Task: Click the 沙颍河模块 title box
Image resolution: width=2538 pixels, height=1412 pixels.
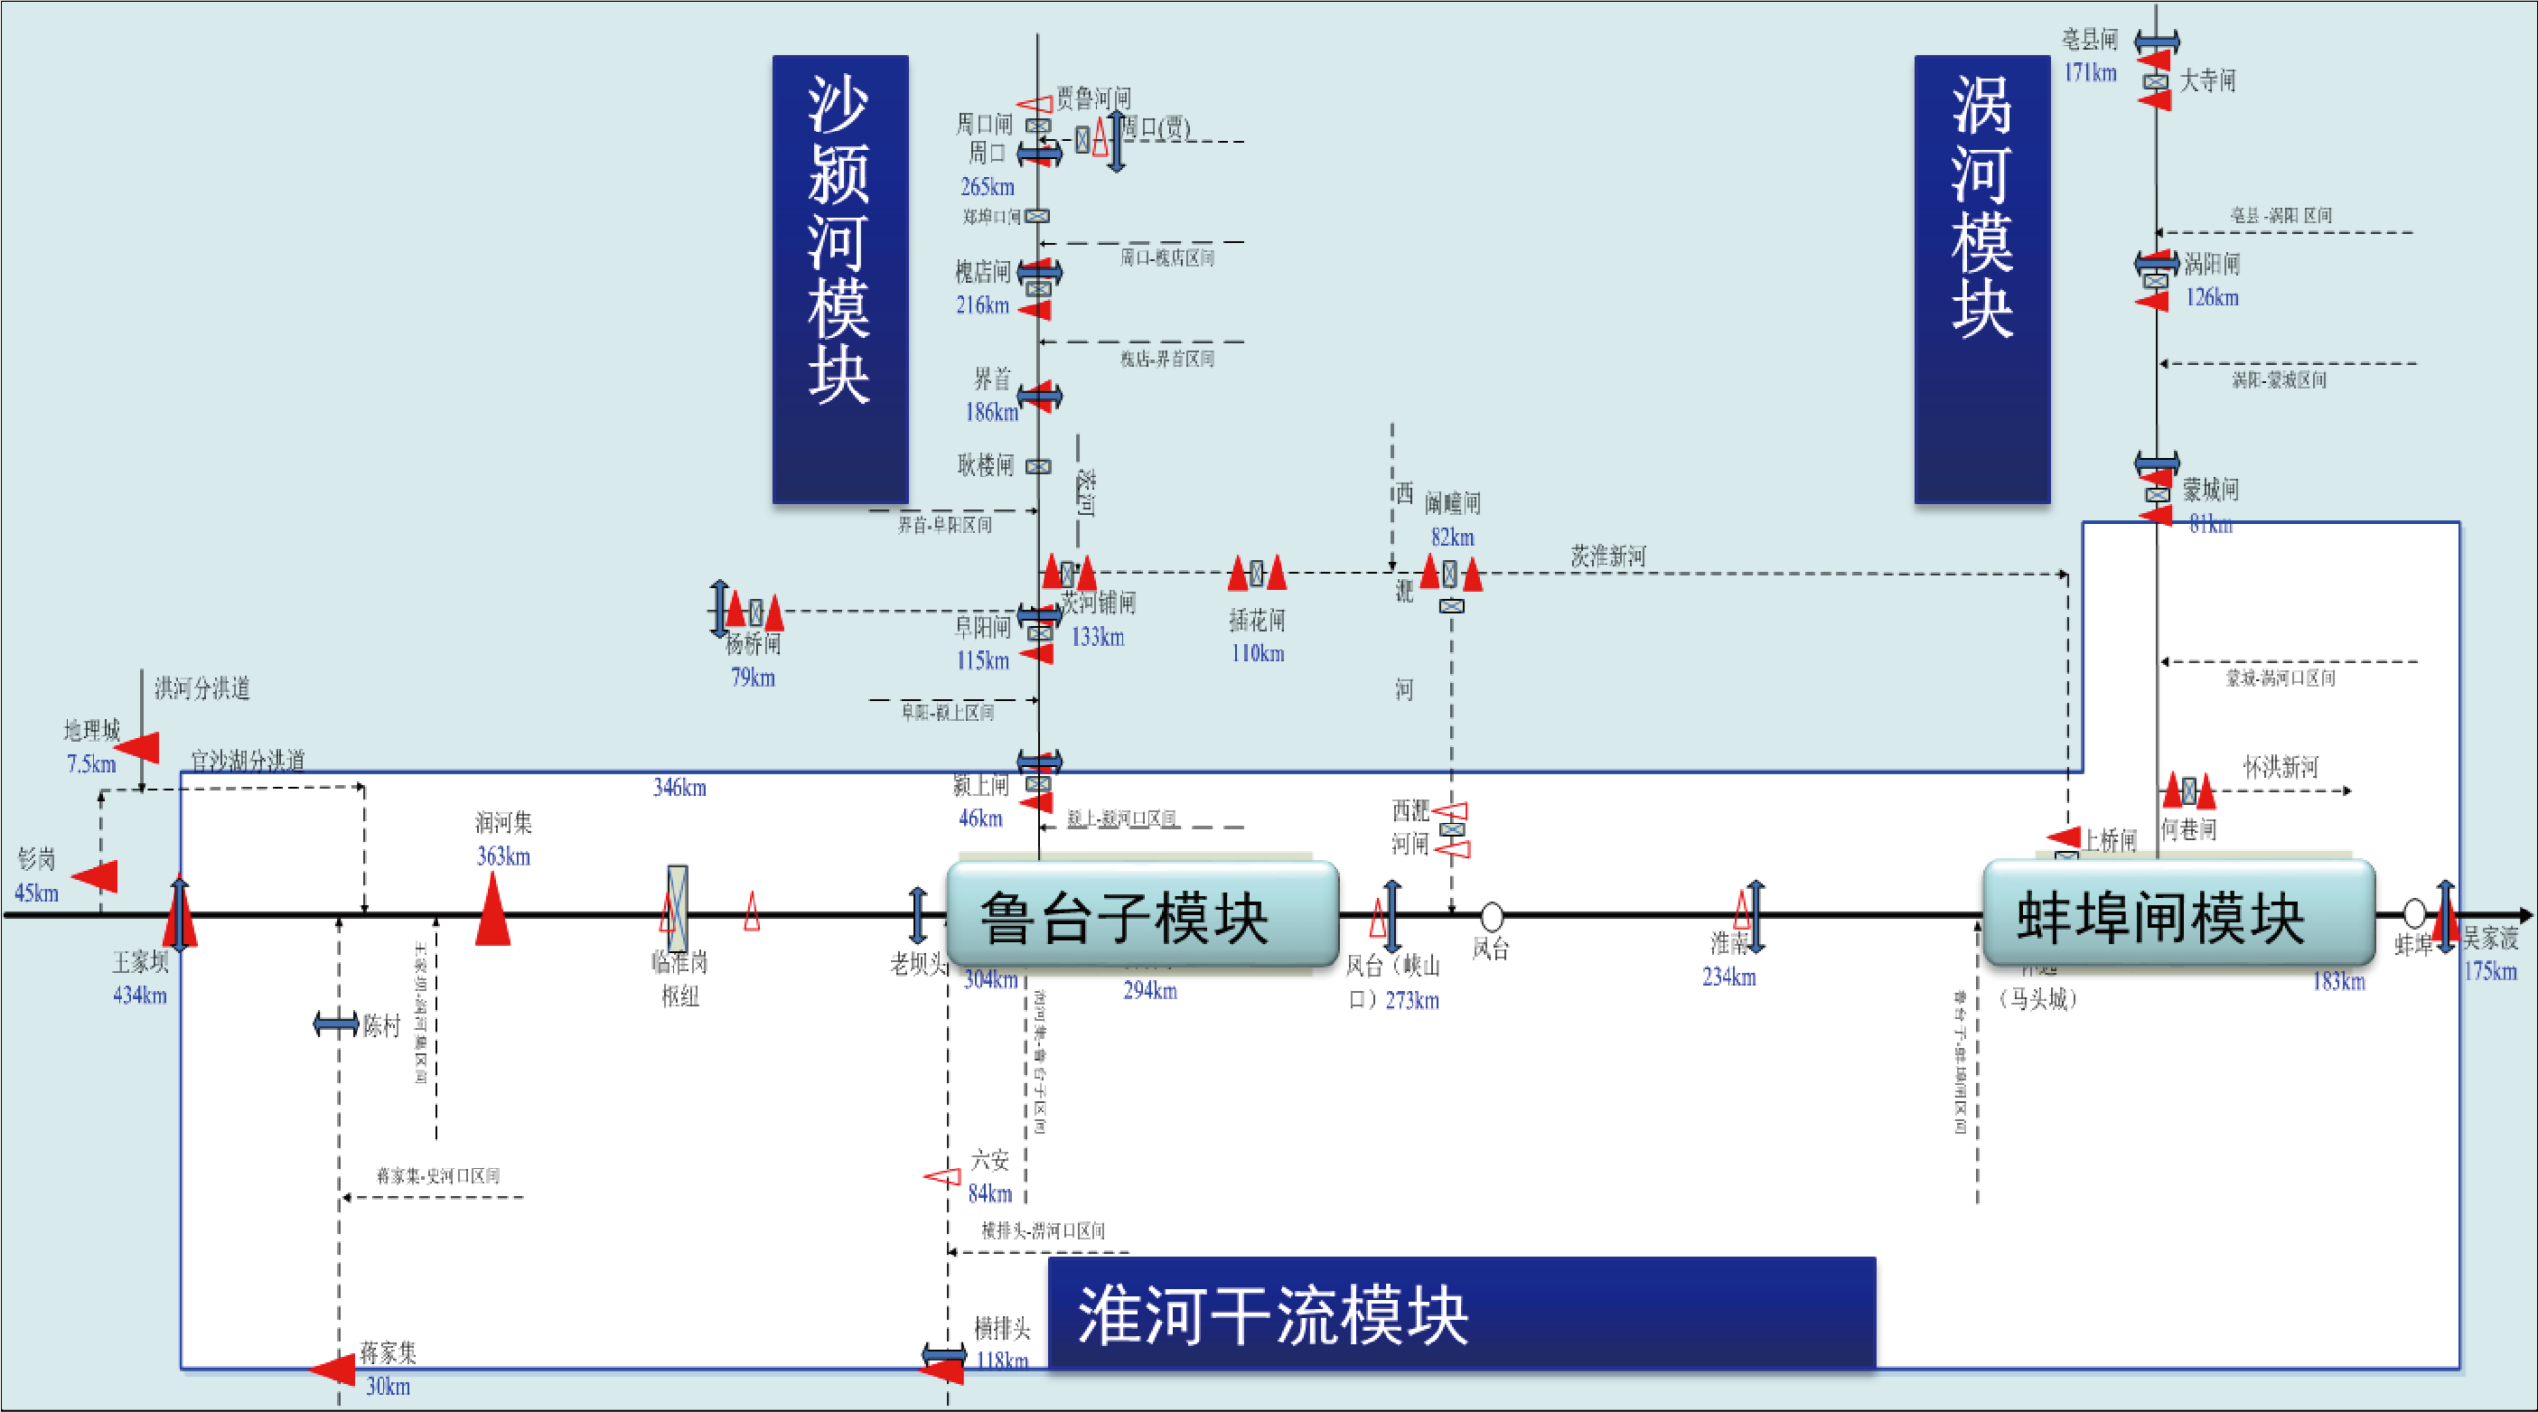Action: [x=839, y=279]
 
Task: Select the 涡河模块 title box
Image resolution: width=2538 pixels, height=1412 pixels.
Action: [x=1981, y=279]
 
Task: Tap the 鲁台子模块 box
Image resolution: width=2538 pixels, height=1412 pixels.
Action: [x=1142, y=915]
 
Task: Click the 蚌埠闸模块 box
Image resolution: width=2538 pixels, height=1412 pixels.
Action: [x=2177, y=915]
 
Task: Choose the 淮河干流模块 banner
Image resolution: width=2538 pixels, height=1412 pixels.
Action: [x=1461, y=1314]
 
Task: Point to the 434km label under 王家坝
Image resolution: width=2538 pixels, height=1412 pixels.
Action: [x=140, y=995]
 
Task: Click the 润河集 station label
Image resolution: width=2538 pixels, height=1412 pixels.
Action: [x=503, y=823]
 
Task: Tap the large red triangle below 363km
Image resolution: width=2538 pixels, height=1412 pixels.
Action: [x=492, y=912]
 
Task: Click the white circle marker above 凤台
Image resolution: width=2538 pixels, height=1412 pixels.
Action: [x=1492, y=916]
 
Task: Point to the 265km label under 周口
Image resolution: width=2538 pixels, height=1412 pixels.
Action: [x=987, y=186]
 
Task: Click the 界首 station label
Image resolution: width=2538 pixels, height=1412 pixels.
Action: [x=992, y=379]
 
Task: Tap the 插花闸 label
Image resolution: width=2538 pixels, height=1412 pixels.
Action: [x=1257, y=620]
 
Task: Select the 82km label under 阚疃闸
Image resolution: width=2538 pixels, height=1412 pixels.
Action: [x=1452, y=537]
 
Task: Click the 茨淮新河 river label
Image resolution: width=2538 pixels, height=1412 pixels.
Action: [x=1608, y=556]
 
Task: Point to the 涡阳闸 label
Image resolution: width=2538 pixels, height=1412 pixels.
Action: [x=2212, y=264]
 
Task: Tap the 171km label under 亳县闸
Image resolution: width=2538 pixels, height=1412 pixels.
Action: [x=2090, y=72]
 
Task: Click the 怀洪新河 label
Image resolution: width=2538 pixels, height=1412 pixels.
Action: [x=2280, y=767]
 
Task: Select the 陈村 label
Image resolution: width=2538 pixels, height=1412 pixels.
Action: [x=381, y=1025]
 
